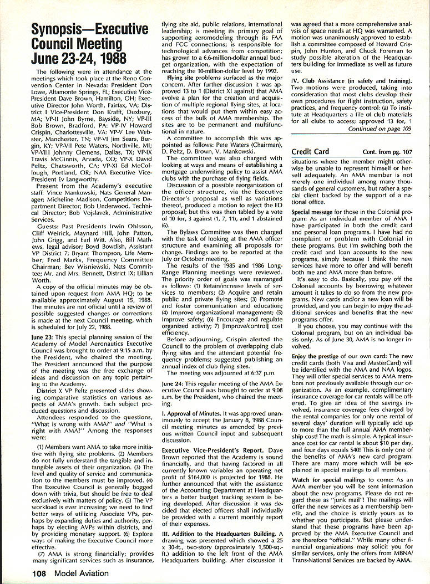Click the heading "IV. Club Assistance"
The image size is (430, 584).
tap(317, 81)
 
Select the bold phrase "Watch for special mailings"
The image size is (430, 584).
tap(327, 482)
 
